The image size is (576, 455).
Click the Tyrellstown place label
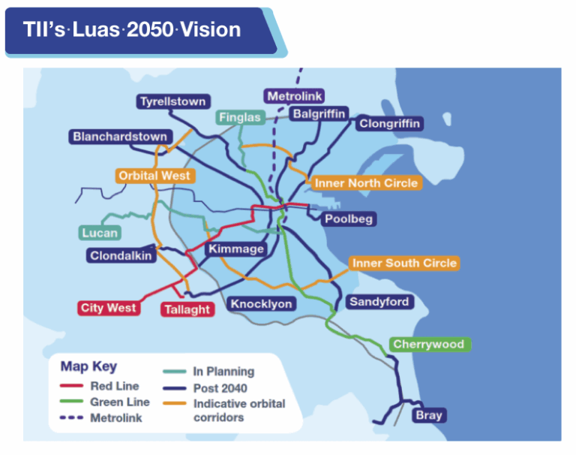tap(173, 101)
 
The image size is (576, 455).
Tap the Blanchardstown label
tap(120, 137)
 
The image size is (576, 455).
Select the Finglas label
tap(240, 118)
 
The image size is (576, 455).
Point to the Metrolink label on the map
tap(295, 97)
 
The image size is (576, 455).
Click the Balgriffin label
tap(319, 113)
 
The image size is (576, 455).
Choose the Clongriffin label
tap(390, 123)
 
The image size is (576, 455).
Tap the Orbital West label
tap(155, 176)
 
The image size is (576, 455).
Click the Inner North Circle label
tap(366, 183)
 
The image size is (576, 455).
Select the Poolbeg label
tap(349, 219)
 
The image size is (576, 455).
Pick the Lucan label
tap(100, 233)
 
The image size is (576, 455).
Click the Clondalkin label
tap(121, 255)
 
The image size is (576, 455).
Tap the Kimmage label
tap(236, 249)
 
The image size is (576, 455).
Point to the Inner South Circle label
tap(404, 264)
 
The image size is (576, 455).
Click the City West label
tap(109, 308)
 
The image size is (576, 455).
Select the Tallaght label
tap(187, 309)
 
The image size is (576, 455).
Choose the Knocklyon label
tap(261, 303)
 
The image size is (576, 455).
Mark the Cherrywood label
tap(428, 345)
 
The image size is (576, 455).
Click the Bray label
tap(430, 414)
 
